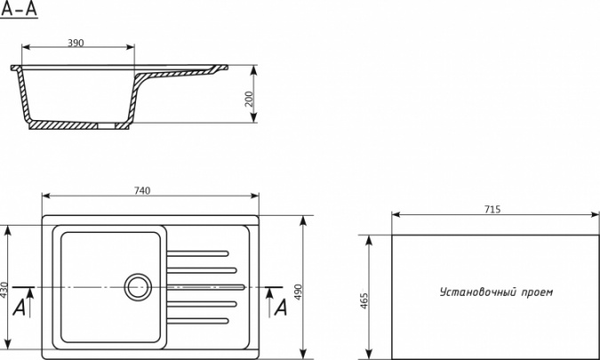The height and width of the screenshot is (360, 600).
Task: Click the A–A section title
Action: (20, 9)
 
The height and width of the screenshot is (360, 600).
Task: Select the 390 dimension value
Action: (76, 43)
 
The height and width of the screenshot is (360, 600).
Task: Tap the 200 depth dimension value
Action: (249, 99)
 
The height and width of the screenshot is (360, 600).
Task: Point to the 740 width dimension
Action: (142, 190)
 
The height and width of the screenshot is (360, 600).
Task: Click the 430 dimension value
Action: (4, 291)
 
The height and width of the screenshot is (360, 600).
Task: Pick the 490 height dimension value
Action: (299, 292)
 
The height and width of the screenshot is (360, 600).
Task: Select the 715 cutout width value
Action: (492, 209)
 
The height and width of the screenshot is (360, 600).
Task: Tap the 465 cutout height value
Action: (364, 301)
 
